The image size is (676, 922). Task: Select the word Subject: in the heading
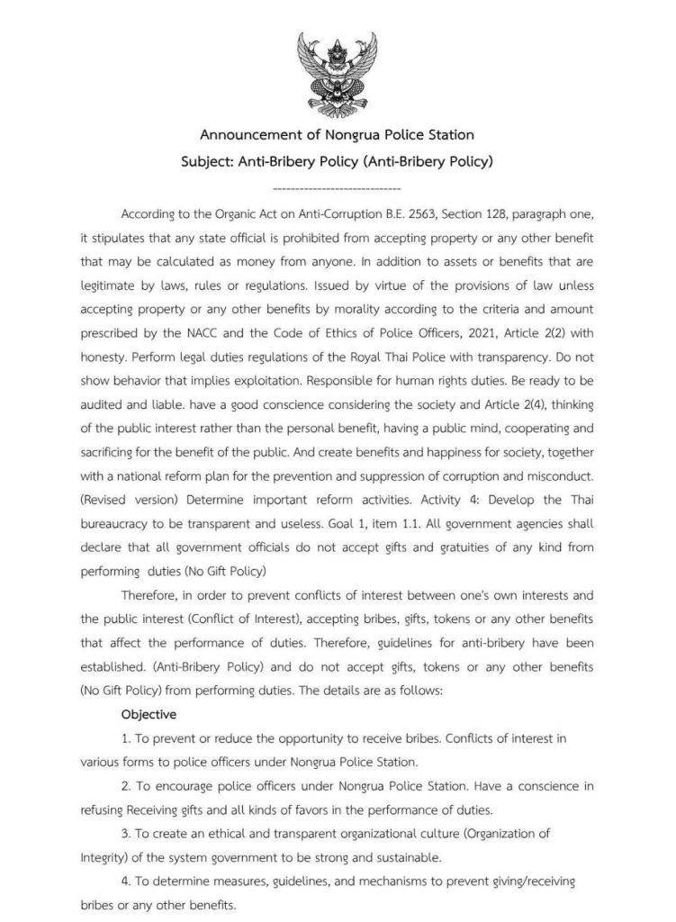pyautogui.click(x=212, y=164)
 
